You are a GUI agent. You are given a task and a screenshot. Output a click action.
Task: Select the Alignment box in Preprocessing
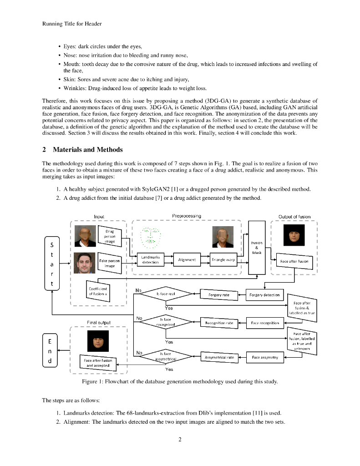coord(187,260)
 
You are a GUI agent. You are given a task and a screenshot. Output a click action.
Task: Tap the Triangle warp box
coord(223,260)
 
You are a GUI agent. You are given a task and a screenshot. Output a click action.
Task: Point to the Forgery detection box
coord(264,295)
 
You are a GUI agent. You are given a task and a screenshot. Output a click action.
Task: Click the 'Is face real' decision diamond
coord(166,294)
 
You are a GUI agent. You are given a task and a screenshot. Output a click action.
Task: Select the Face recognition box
coord(264,323)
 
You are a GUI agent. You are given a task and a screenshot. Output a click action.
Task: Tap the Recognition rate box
coord(219,323)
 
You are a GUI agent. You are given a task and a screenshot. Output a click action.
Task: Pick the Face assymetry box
coord(265,358)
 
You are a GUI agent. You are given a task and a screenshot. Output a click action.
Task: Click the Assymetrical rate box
coord(219,358)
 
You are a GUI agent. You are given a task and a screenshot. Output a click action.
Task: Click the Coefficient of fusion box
coord(98,291)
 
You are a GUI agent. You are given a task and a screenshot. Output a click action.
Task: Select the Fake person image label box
coord(110,263)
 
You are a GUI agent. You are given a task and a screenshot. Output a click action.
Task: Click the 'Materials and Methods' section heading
coord(87,150)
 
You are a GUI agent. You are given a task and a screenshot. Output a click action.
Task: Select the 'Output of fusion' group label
coord(294,217)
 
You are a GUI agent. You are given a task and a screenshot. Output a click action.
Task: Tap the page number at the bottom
coord(180,439)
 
